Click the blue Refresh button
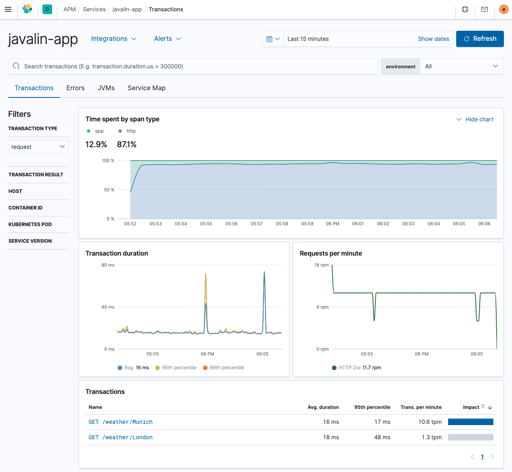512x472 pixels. (480, 39)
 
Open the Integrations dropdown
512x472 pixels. (114, 39)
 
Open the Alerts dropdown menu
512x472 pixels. (167, 39)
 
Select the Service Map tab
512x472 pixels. (146, 88)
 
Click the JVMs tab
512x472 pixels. (106, 88)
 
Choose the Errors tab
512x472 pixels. (75, 88)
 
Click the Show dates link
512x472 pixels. (434, 39)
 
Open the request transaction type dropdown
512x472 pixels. (38, 147)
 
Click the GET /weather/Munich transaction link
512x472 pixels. (121, 422)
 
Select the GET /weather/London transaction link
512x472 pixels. (121, 437)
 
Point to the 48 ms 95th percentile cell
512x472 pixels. (382, 437)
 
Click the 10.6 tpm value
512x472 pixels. (430, 422)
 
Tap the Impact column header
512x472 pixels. (471, 407)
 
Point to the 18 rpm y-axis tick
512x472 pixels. (322, 265)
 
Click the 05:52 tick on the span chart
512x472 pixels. (130, 224)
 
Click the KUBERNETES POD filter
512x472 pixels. (30, 224)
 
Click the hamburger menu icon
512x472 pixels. (8, 9)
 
